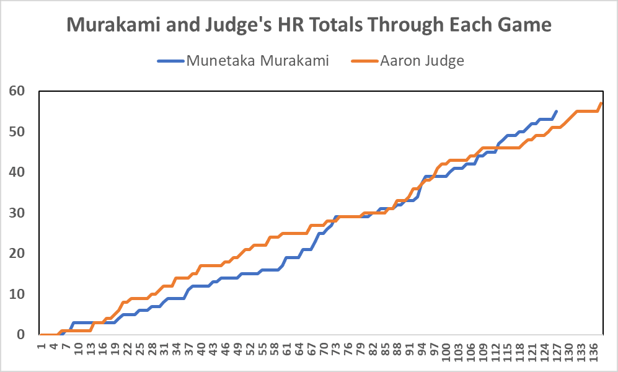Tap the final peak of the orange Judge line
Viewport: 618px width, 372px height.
[x=601, y=104]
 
